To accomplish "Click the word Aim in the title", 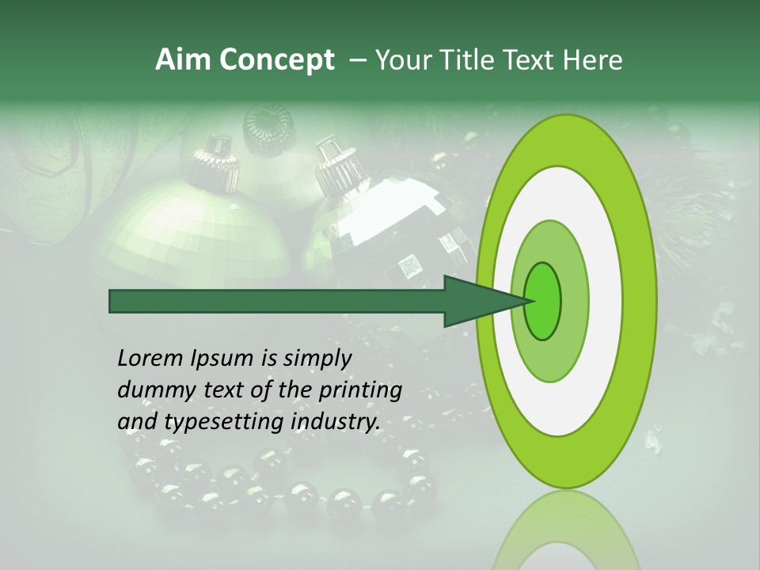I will pos(180,60).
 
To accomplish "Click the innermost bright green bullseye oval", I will pos(543,302).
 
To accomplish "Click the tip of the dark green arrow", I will pos(528,302).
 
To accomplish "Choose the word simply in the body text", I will pos(316,359).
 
